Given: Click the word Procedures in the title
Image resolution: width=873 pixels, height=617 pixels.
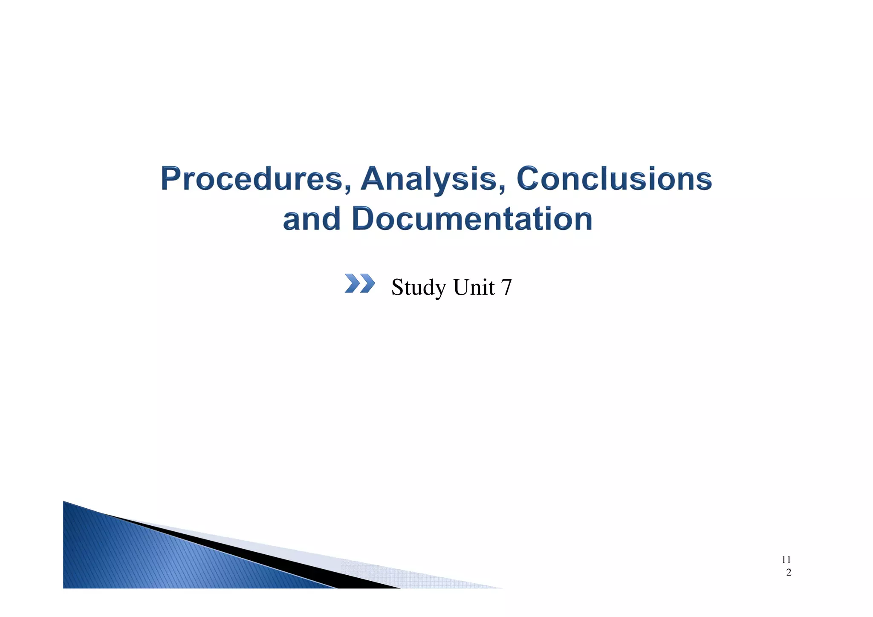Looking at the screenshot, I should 251,179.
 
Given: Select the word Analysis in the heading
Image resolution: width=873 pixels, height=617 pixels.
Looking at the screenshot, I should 428,179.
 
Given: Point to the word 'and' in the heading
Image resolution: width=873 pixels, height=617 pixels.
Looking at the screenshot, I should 312,219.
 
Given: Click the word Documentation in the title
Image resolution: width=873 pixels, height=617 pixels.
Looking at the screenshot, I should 472,219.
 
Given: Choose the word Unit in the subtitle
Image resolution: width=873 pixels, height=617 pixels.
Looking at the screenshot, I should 474,287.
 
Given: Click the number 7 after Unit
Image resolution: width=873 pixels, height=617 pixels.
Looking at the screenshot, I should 506,287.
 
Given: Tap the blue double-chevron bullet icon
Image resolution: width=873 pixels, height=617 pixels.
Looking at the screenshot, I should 359,284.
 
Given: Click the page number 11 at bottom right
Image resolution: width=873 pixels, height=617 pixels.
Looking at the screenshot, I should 786,559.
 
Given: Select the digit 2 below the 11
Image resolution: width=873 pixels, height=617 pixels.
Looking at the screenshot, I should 789,573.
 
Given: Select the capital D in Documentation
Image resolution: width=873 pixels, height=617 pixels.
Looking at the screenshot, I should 364,219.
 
